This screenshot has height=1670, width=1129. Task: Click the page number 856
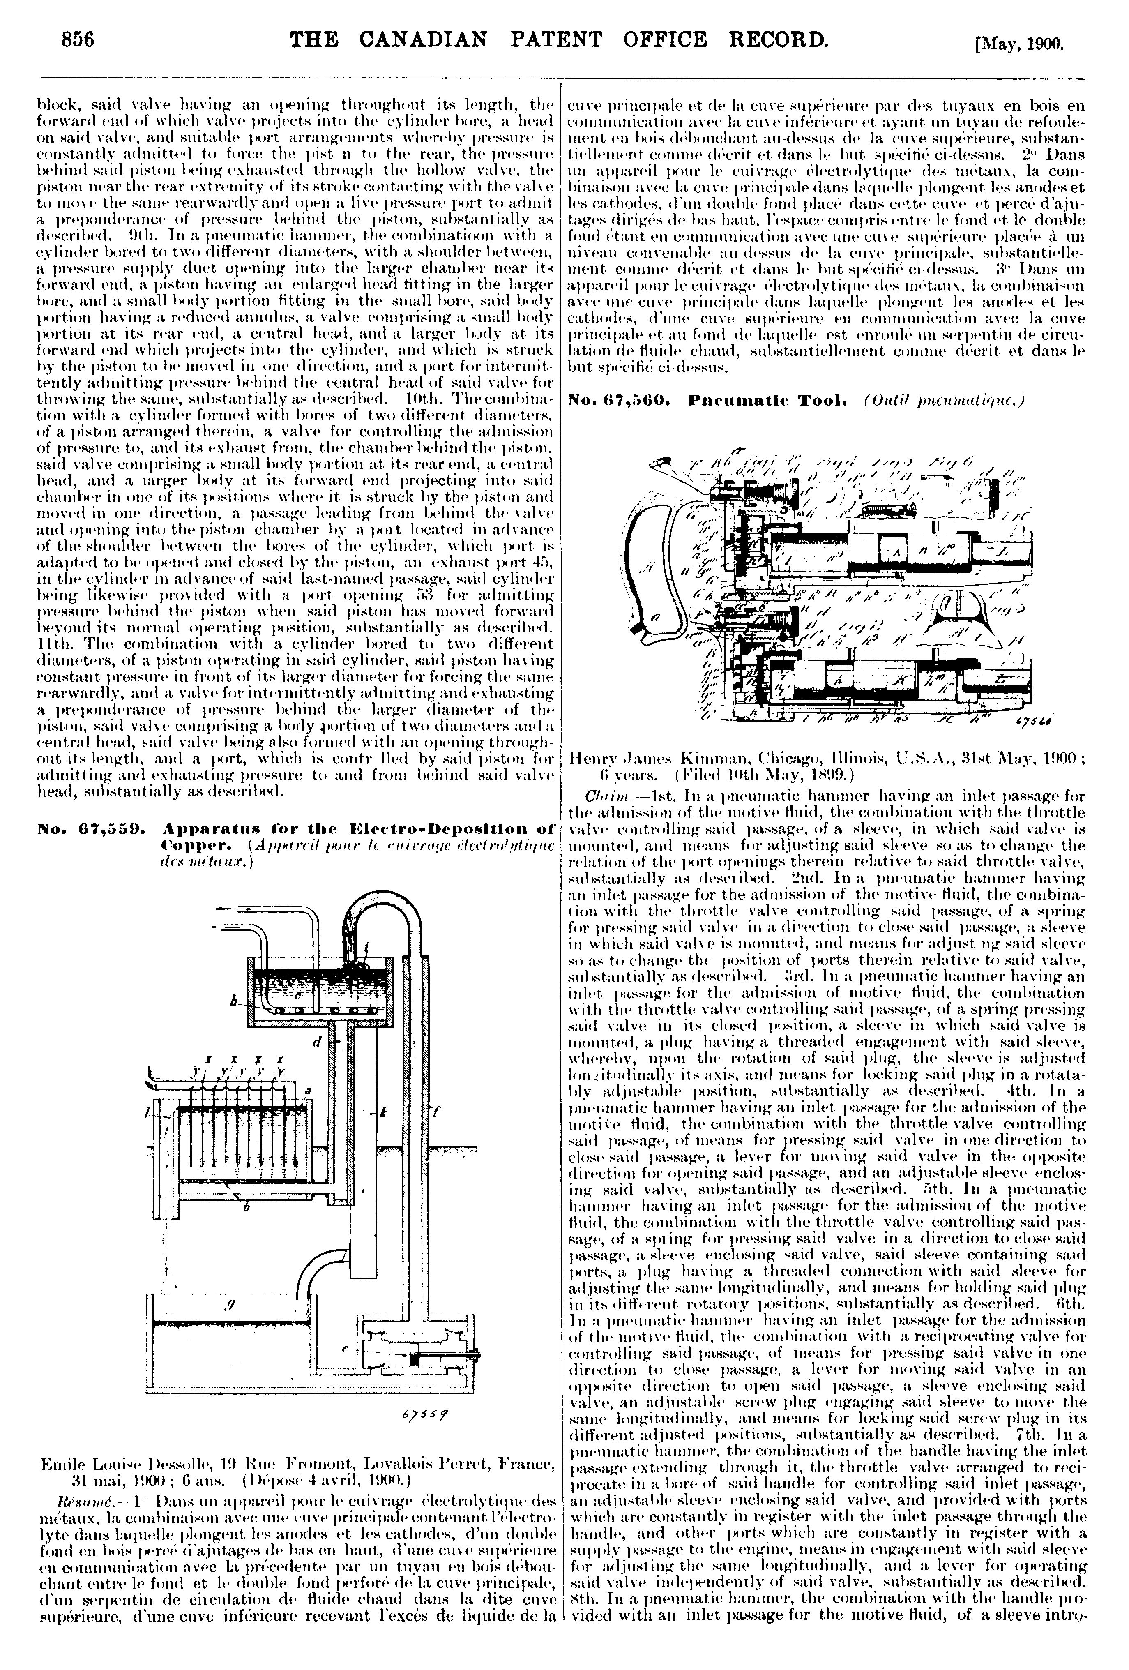pos(78,39)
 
